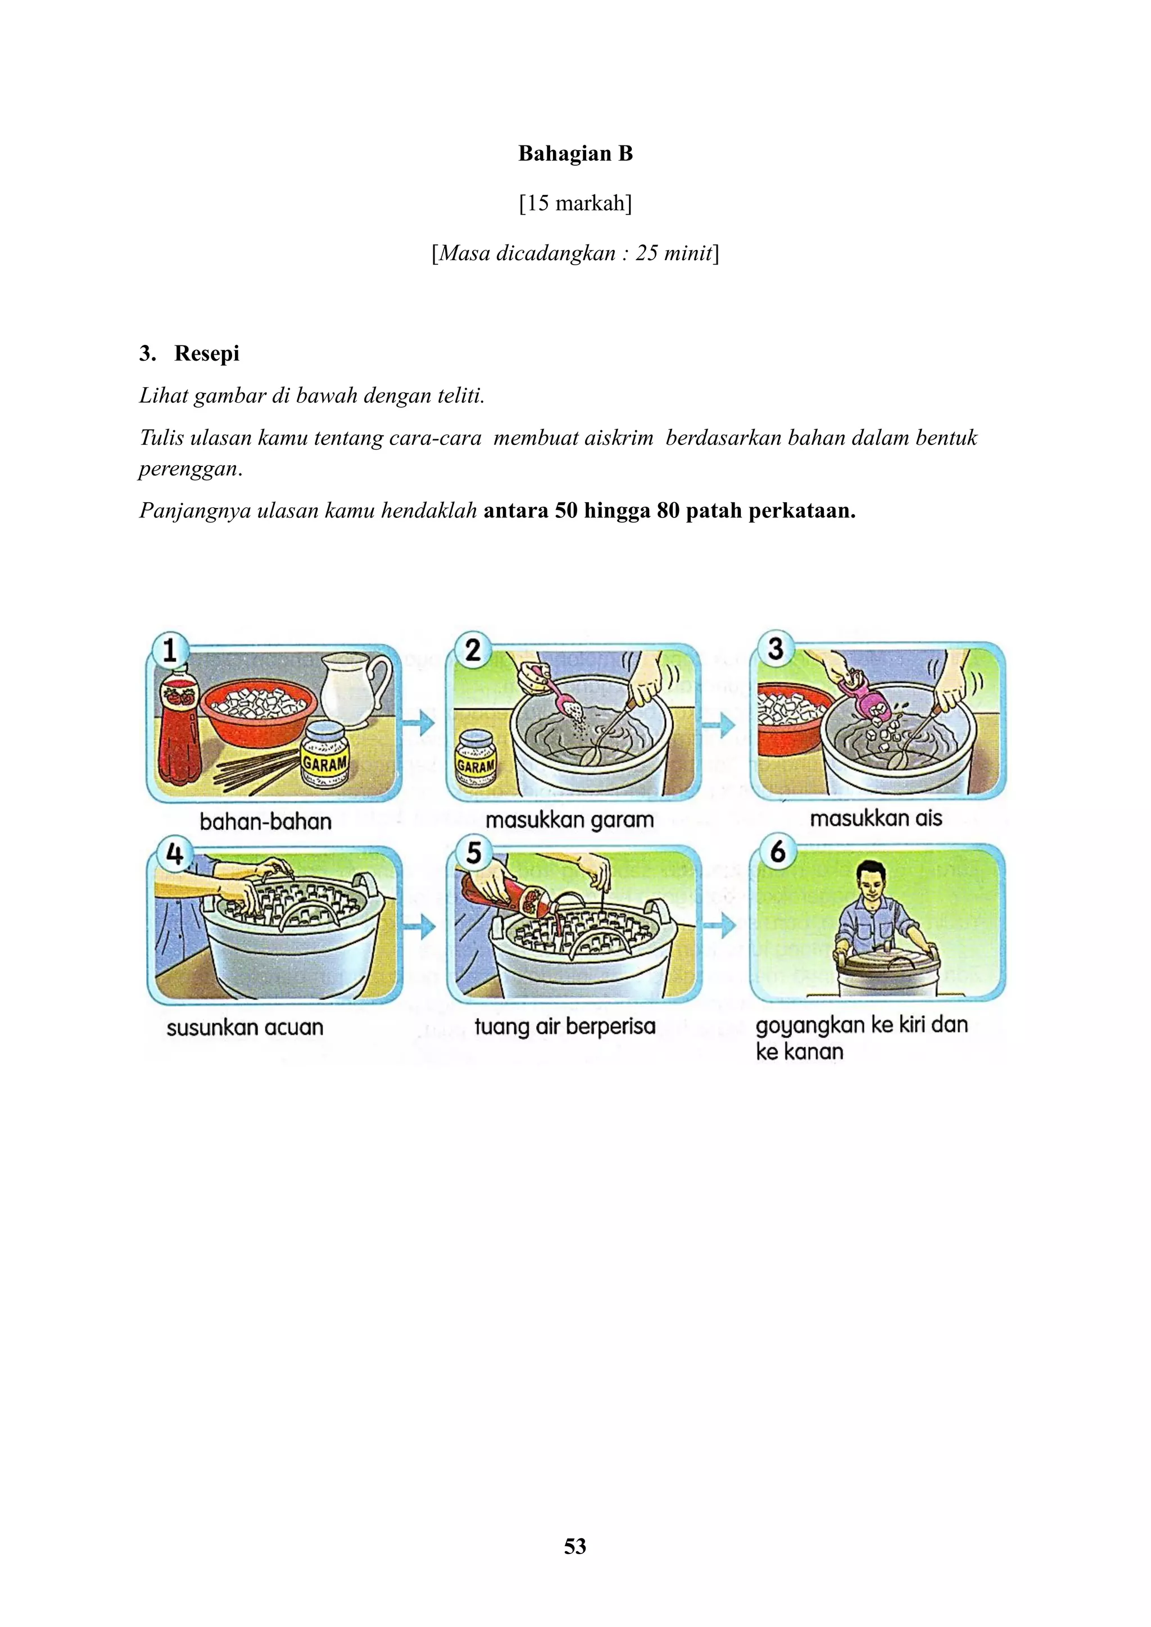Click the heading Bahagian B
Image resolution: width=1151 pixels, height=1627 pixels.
coord(575,154)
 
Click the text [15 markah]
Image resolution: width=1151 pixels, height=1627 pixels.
coord(575,203)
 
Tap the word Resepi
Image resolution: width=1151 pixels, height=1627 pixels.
coord(206,353)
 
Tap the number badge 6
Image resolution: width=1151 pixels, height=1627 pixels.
coord(777,851)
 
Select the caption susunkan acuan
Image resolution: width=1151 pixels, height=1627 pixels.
coord(244,1027)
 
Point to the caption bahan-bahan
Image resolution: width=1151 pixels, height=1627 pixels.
coord(265,821)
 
